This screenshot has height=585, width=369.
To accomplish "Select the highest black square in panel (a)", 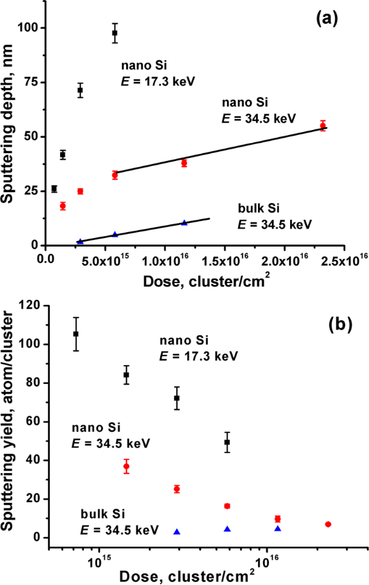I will [x=115, y=32].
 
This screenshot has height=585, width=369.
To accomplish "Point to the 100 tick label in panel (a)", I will [x=31, y=28].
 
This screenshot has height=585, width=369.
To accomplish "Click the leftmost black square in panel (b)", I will [x=76, y=334].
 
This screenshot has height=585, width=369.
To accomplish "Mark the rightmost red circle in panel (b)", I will [x=328, y=524].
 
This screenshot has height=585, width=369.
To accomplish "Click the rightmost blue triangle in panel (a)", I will [x=184, y=222].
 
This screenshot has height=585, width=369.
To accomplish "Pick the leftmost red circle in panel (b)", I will [x=126, y=467].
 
